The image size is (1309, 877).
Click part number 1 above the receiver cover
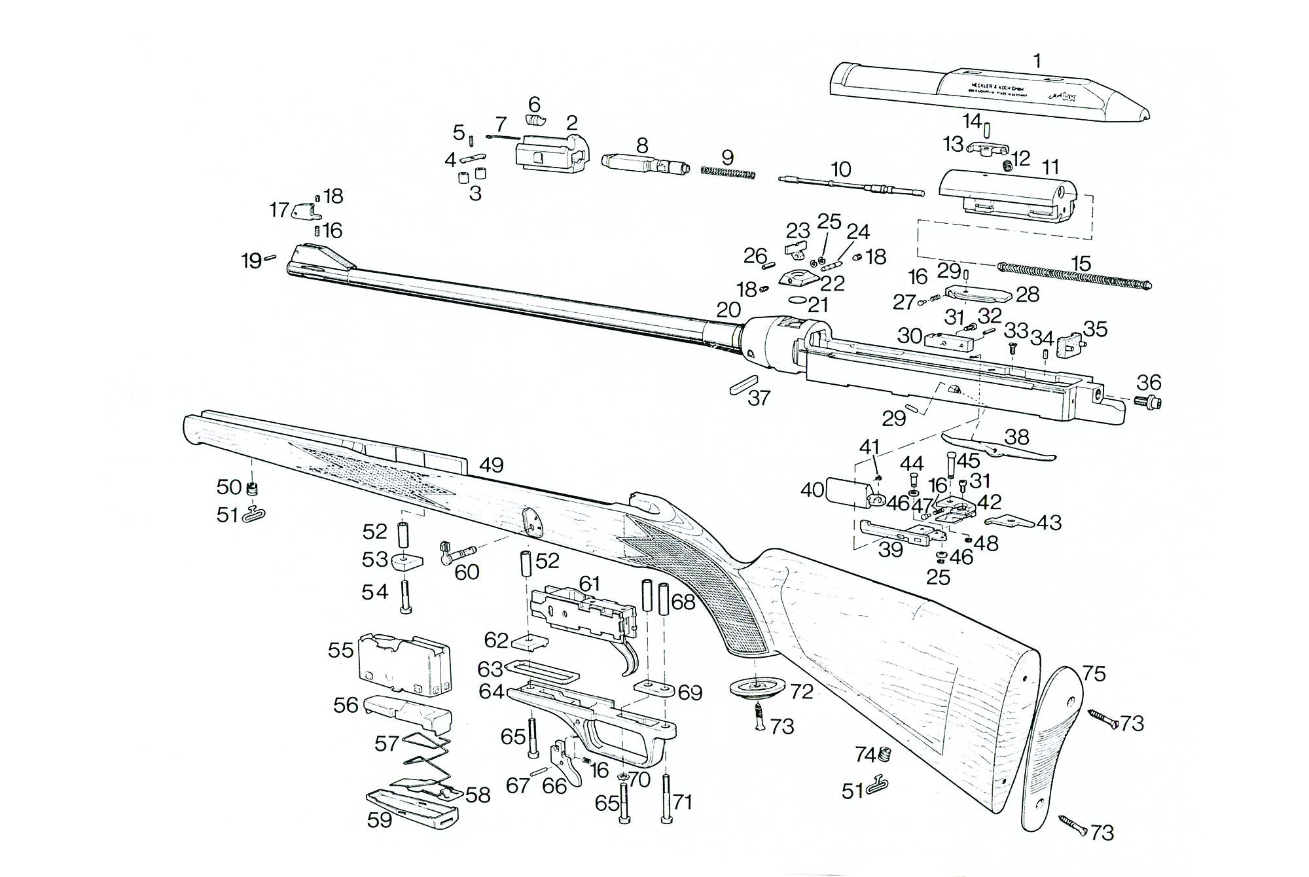point(1037,61)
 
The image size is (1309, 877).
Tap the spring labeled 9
point(728,173)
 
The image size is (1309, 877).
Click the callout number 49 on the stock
point(491,465)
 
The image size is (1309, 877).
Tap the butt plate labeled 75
point(1050,746)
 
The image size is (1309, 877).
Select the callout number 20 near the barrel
point(728,310)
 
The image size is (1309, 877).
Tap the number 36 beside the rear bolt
point(1149,382)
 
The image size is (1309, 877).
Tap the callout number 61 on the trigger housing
point(589,583)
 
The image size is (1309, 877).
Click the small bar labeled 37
point(744,384)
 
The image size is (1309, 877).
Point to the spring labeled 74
point(885,755)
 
